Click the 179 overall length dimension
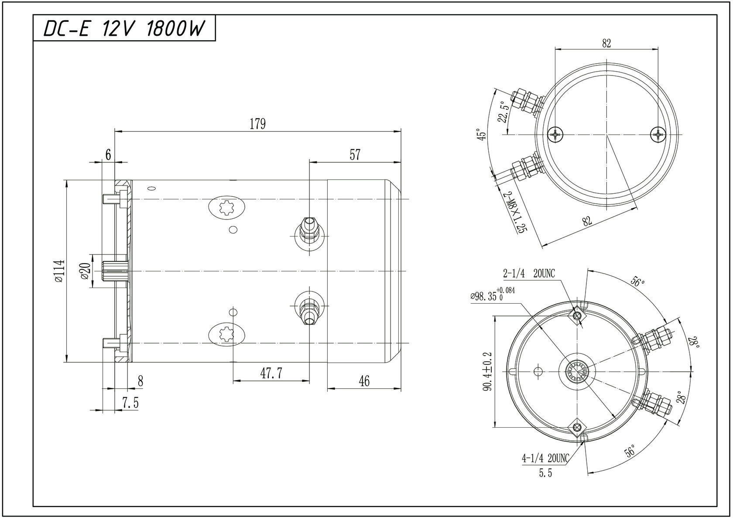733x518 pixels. [x=257, y=124]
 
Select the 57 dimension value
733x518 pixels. [x=355, y=154]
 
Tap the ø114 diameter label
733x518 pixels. [x=59, y=271]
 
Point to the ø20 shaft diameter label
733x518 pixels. [x=86, y=271]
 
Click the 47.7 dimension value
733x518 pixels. [x=271, y=374]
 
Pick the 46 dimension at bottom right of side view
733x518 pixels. [x=364, y=381]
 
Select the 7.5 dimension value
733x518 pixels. [x=130, y=403]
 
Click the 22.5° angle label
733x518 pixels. [x=504, y=112]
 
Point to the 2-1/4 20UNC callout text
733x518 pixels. [x=529, y=274]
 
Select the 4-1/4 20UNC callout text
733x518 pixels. [x=545, y=458]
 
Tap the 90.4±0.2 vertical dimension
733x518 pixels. [x=487, y=371]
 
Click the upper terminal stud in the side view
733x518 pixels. [x=309, y=229]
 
